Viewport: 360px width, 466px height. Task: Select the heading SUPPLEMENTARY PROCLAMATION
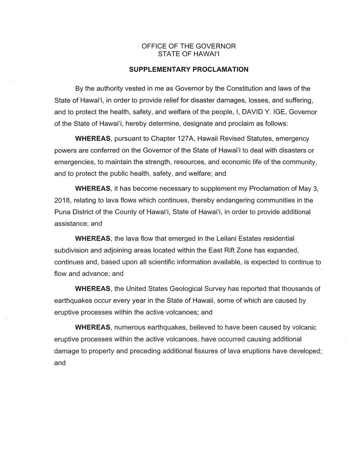click(x=188, y=70)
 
